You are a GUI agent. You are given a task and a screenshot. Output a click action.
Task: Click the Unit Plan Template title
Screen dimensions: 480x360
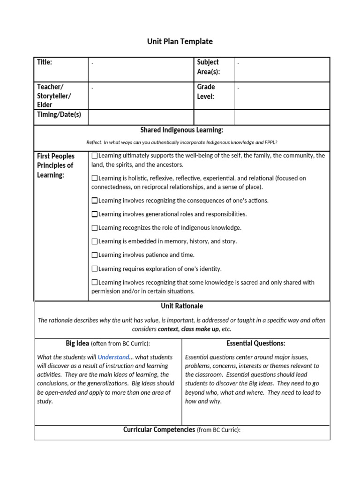[x=180, y=41]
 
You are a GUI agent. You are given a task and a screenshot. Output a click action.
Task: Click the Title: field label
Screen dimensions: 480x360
[x=45, y=62]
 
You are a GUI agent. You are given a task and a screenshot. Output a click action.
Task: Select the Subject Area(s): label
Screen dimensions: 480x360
[x=209, y=67]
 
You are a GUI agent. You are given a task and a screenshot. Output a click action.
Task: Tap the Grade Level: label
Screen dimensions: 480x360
[x=206, y=91]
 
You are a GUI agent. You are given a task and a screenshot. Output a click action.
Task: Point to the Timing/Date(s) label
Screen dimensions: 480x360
[x=59, y=114]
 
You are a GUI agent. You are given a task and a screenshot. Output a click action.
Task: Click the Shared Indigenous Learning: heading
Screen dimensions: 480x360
[x=182, y=130]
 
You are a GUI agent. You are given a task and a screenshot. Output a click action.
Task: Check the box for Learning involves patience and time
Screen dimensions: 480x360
[x=95, y=255]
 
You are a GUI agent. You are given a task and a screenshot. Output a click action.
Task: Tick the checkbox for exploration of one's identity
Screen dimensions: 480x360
[x=95, y=269]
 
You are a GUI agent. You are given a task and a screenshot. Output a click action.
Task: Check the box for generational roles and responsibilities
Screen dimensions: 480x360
[x=95, y=214]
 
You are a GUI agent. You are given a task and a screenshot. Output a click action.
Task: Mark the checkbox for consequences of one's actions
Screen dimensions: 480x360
[x=95, y=201]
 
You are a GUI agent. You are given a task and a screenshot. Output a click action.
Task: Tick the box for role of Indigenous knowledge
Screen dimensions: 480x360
[x=95, y=228]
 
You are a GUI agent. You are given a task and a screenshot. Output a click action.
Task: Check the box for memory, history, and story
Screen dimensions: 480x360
[x=95, y=241]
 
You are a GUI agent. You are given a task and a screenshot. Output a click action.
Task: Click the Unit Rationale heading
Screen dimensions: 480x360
[x=182, y=306]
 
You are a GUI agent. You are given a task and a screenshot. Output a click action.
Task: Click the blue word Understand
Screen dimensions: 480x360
[x=113, y=357]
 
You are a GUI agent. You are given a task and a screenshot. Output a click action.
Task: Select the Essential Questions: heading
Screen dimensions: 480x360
[x=256, y=343]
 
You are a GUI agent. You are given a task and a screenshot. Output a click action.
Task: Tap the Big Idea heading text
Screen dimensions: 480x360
[x=77, y=343]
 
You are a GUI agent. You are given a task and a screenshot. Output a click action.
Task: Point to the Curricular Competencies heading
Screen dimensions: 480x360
[x=159, y=429]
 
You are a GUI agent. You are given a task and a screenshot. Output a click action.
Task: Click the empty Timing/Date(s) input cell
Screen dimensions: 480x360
[x=141, y=117]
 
